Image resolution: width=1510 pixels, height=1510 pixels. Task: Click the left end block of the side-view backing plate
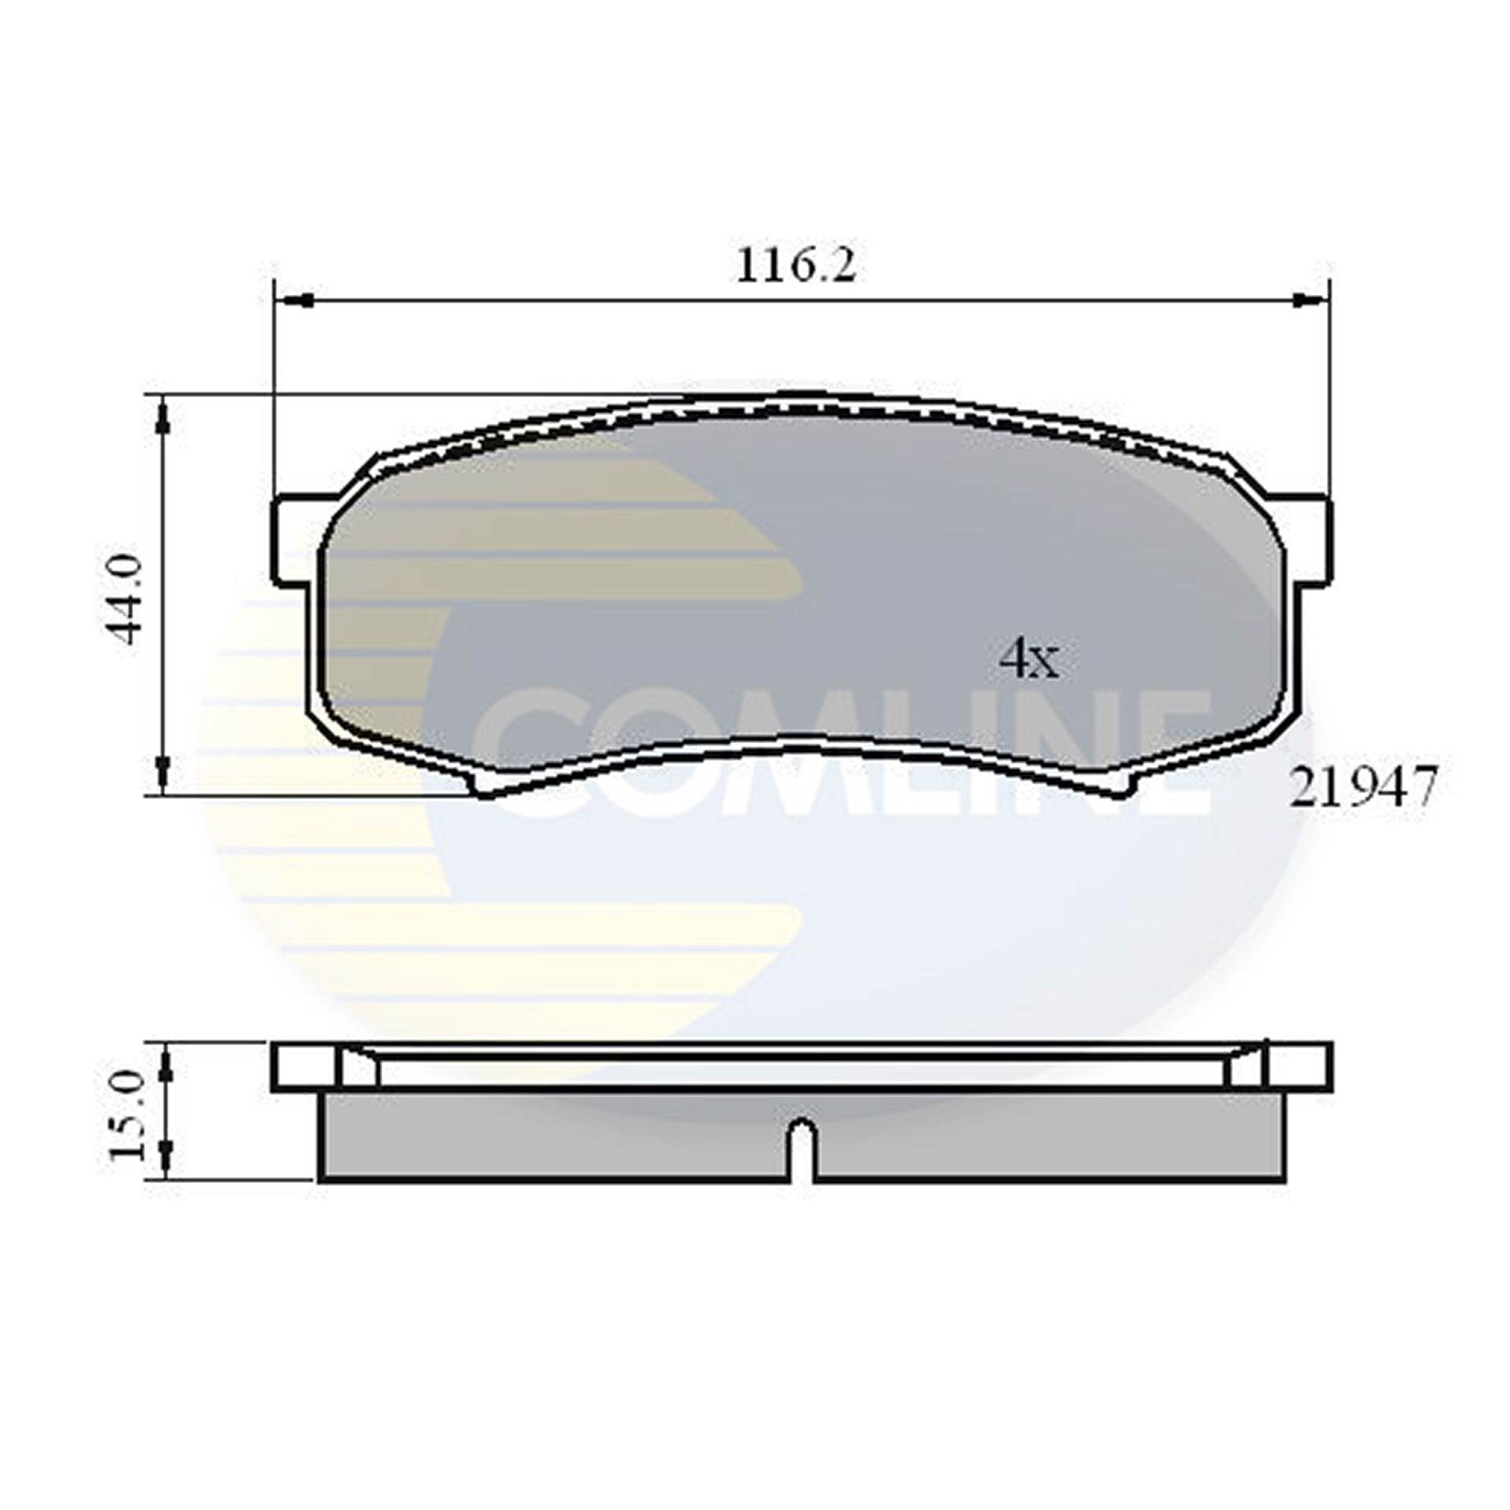[x=305, y=1066]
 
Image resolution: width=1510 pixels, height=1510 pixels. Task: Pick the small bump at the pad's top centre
[x=802, y=399]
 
